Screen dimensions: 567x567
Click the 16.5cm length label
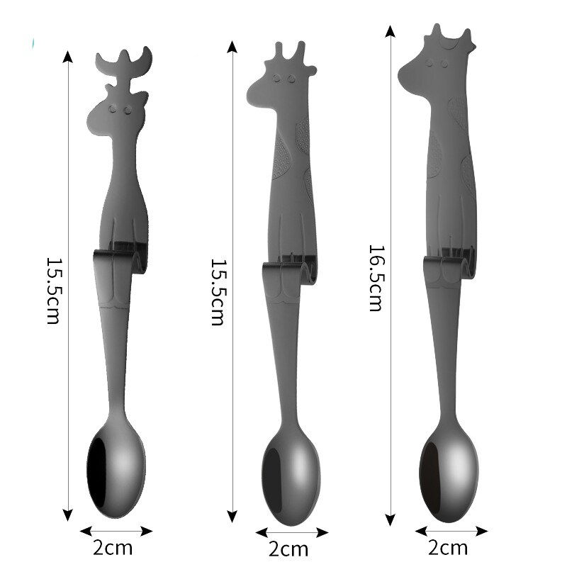coord(376,278)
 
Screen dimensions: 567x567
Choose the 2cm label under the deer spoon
coord(114,548)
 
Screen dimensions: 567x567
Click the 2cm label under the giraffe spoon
coord(288,549)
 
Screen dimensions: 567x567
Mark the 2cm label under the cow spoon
coord(449,547)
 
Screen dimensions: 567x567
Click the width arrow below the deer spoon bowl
coord(116,530)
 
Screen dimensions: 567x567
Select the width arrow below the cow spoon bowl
coord(451,530)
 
